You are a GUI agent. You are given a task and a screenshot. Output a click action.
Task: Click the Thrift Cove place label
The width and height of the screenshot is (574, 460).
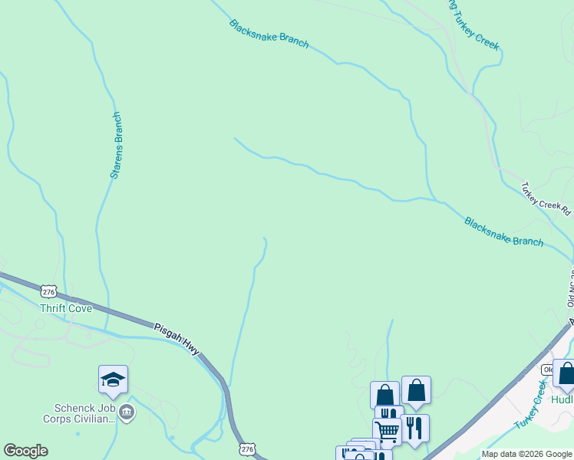66,308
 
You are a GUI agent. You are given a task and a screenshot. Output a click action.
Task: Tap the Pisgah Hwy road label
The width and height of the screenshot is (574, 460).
176,337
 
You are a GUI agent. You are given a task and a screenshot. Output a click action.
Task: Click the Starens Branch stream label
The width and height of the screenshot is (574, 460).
116,146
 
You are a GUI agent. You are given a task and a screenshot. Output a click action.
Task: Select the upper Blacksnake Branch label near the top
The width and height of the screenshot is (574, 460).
269,34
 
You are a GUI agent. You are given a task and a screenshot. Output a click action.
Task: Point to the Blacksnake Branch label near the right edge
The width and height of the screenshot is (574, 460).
503,231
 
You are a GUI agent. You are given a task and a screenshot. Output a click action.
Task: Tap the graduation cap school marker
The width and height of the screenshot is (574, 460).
113,380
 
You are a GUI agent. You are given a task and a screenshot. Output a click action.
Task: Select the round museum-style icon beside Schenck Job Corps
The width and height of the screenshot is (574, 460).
127,413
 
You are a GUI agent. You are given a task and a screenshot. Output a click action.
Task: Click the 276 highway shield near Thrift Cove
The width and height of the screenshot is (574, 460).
49,291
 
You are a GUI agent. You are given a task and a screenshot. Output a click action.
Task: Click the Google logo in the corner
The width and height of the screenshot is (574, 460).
25,451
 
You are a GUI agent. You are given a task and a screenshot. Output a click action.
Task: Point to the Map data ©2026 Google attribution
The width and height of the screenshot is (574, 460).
527,454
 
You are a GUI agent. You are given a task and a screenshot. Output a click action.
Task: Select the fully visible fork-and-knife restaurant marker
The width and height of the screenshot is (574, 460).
414,429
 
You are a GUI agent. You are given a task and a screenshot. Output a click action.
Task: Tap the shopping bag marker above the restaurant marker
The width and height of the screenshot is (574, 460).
416,390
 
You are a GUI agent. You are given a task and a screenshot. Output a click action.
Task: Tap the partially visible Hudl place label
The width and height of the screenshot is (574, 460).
562,399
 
